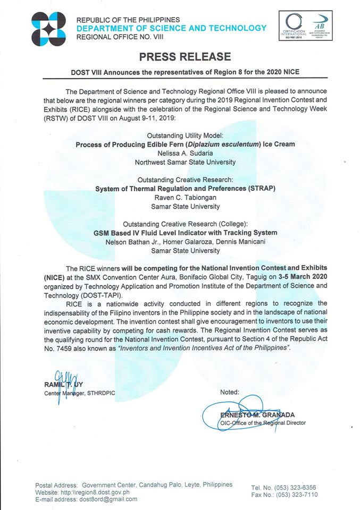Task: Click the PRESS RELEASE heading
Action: click(185, 57)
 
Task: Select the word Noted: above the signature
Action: click(230, 392)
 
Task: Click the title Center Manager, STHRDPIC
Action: click(79, 393)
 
